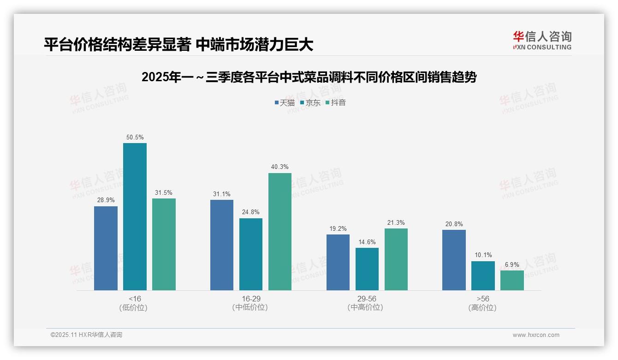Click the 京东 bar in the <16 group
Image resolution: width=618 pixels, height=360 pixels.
[135, 216]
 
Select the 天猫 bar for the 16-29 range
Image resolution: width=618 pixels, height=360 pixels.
[222, 245]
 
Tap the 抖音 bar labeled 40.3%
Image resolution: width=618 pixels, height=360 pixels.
[280, 232]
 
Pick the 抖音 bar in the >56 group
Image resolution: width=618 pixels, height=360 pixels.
[512, 280]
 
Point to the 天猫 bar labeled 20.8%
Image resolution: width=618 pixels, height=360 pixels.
[454, 260]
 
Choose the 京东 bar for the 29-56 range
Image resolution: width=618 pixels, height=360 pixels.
[367, 269]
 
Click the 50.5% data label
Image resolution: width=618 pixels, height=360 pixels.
[135, 137]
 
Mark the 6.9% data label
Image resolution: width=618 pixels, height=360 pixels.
[512, 264]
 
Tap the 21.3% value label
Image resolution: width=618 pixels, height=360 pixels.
[396, 222]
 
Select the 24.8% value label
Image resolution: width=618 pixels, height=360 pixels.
[251, 212]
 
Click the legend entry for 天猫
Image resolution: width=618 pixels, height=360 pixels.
[285, 102]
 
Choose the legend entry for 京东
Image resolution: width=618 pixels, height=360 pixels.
[310, 102]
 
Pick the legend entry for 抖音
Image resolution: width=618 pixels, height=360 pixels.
[336, 102]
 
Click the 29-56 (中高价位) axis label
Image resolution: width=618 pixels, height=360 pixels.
[367, 303]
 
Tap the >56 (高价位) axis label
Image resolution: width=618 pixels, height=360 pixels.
[483, 303]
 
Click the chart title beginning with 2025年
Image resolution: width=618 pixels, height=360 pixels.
[309, 77]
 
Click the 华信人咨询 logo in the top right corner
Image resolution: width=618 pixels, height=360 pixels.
[542, 40]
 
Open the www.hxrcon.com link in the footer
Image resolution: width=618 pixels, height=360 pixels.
[535, 335]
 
